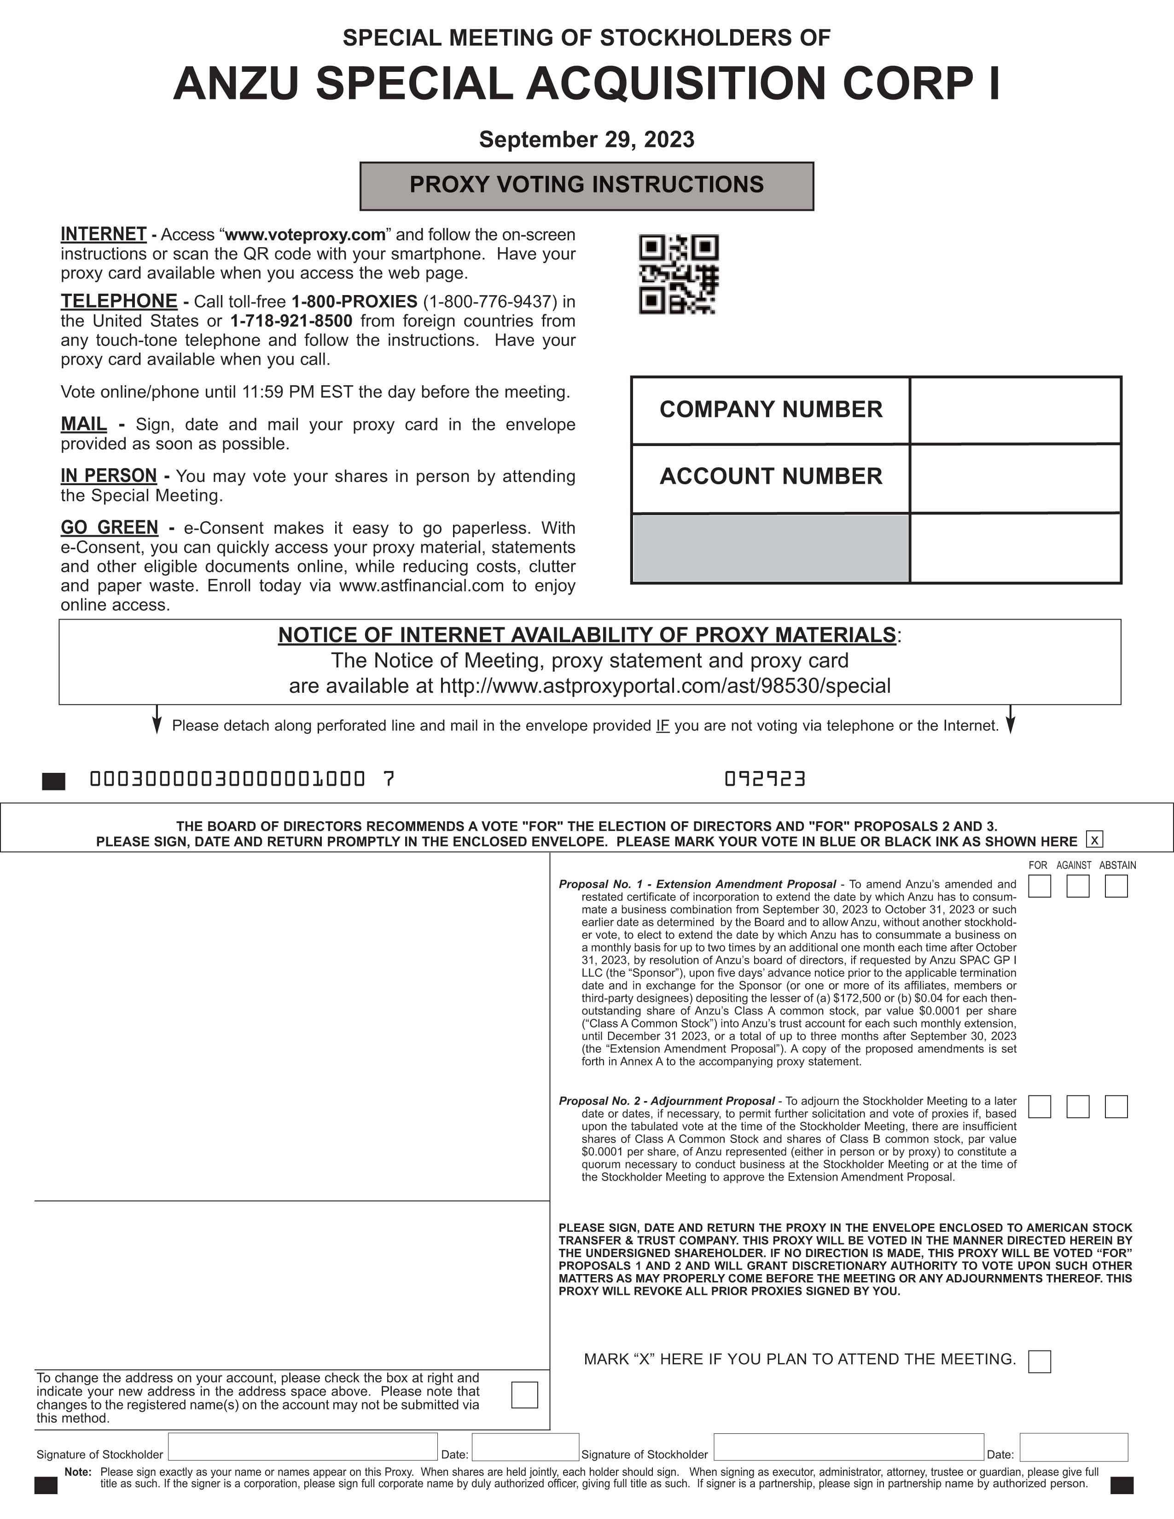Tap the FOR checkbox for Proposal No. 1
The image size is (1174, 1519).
[1039, 886]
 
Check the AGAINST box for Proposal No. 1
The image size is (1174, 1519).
[1077, 886]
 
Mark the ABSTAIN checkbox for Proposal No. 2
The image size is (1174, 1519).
[1116, 1106]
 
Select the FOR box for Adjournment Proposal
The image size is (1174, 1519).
[1039, 1106]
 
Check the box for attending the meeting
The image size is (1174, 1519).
[1039, 1361]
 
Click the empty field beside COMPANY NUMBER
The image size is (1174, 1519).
[1015, 410]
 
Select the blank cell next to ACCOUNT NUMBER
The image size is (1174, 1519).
[1015, 478]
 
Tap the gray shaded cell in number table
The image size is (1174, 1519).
[771, 547]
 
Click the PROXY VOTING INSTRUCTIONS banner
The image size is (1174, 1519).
[586, 186]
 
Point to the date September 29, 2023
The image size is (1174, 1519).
[586, 140]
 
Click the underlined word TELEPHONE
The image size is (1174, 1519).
[119, 301]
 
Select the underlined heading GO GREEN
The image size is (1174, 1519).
[109, 528]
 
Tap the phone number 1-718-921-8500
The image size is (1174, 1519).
[291, 321]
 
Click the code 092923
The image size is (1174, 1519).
[764, 779]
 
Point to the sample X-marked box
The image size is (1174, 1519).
[1094, 840]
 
